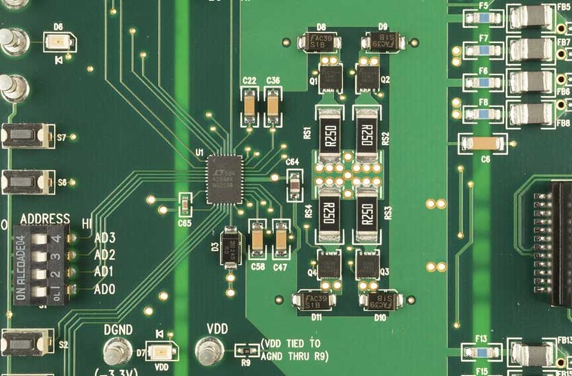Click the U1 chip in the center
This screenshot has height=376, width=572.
point(224,178)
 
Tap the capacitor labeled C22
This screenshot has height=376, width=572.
point(249,106)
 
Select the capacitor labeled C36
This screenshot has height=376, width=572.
point(273,106)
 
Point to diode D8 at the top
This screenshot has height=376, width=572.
point(320,42)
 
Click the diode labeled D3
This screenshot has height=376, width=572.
point(231,244)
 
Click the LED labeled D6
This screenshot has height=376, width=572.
point(59,42)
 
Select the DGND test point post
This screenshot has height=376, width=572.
point(116,350)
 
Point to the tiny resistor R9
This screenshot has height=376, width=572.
point(245,350)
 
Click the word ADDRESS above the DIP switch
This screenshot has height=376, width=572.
point(45,219)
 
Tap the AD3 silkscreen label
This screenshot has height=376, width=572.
point(105,238)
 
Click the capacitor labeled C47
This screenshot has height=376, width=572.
point(281,240)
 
